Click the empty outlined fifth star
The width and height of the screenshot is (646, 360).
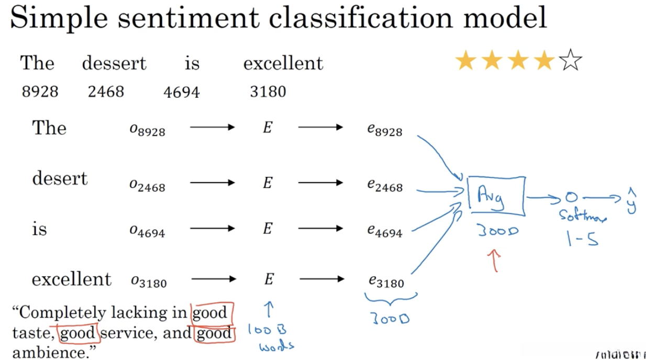point(570,62)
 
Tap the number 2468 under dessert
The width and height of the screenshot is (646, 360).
point(106,92)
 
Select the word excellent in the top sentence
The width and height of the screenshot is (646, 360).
point(283,64)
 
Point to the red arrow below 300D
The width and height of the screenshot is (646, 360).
point(495,260)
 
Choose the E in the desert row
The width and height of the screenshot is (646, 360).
point(268,183)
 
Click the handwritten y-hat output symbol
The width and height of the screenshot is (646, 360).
point(631,201)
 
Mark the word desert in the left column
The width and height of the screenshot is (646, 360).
point(60,179)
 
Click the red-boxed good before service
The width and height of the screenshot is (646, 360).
point(79,333)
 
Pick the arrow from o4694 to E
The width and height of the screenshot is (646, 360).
point(212,228)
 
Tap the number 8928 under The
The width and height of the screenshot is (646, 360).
point(40,92)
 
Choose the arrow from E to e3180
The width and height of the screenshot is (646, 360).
point(320,279)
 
